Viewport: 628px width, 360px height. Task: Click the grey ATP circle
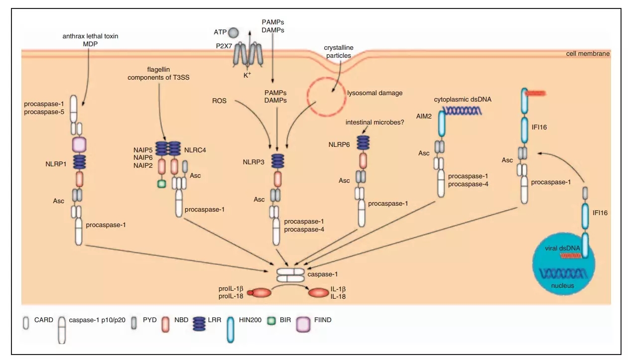233,33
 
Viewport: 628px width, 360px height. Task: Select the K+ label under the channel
248,76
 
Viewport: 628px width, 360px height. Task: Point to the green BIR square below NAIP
161,184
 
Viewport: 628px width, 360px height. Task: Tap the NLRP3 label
254,162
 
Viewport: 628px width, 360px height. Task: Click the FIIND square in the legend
303,324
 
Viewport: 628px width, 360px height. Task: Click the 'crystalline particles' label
339,51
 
